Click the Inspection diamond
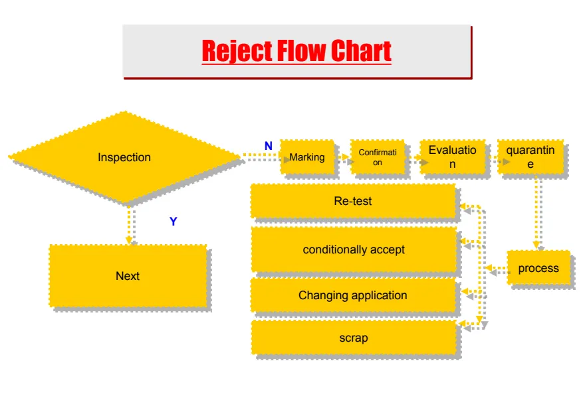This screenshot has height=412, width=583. [124, 157]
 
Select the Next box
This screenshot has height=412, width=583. [128, 276]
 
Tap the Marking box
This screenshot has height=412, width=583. [306, 157]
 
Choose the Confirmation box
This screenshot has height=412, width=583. [378, 157]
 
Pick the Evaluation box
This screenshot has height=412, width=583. [452, 157]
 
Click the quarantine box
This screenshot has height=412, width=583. [530, 157]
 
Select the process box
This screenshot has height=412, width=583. [538, 268]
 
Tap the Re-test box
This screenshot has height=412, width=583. [353, 201]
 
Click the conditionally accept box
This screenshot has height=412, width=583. [353, 249]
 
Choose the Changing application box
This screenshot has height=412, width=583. [353, 295]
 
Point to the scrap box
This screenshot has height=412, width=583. [353, 338]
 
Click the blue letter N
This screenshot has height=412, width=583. [268, 146]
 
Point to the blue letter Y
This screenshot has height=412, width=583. [174, 222]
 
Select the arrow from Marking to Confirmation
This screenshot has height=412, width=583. [342, 159]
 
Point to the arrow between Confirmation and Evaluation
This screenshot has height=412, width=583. [413, 159]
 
